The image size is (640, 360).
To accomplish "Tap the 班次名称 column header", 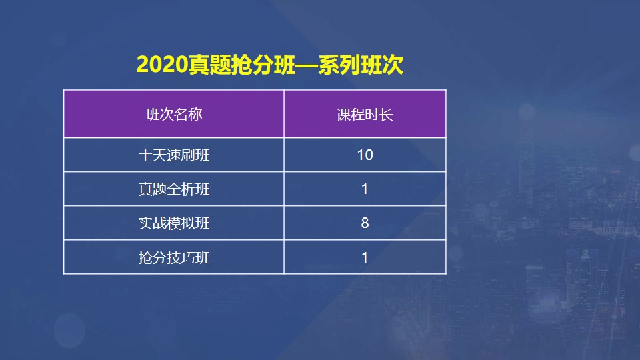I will (173, 114).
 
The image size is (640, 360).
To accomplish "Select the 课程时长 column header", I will (365, 114).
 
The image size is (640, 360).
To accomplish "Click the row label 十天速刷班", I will (173, 155).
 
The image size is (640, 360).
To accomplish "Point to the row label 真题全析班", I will (173, 189).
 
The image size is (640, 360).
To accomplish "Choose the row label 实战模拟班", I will (173, 223).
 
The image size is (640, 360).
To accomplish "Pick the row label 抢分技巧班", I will (173, 257).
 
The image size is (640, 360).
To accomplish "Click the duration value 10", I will (365, 155).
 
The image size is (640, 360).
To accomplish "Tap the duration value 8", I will (365, 223).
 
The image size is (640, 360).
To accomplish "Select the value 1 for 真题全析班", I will (365, 189).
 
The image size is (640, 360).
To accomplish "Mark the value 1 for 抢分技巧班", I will (365, 257).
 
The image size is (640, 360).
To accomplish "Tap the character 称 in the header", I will (195, 114).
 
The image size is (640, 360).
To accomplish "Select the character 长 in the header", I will (387, 114).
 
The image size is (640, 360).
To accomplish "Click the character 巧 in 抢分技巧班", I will (188, 257).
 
